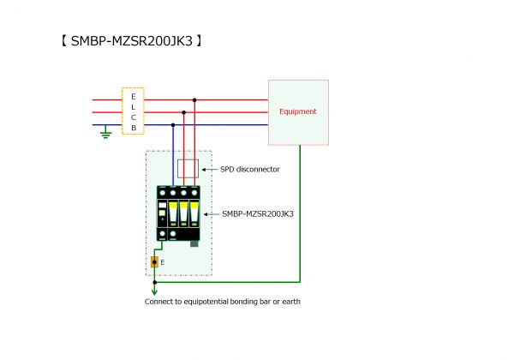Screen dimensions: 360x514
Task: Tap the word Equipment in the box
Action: (x=298, y=111)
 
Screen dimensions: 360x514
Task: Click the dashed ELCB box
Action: (x=133, y=111)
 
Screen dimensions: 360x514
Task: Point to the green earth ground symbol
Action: (x=105, y=134)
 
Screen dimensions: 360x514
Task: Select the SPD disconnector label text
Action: (x=250, y=169)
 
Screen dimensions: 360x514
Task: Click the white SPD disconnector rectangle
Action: (x=188, y=168)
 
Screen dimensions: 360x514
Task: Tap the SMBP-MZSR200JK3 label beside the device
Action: (x=258, y=213)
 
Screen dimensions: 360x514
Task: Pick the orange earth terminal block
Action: (x=154, y=261)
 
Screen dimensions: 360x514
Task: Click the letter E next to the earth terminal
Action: (x=163, y=261)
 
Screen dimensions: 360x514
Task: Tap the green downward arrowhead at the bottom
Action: (x=154, y=291)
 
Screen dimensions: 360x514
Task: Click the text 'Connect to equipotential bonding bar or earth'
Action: (x=223, y=302)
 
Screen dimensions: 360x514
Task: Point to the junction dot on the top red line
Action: (x=194, y=100)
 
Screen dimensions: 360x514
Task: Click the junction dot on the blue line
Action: (x=173, y=124)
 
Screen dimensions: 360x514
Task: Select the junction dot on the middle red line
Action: (x=183, y=112)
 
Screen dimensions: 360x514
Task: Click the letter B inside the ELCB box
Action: (x=133, y=128)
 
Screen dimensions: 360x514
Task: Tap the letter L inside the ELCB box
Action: (x=133, y=106)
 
